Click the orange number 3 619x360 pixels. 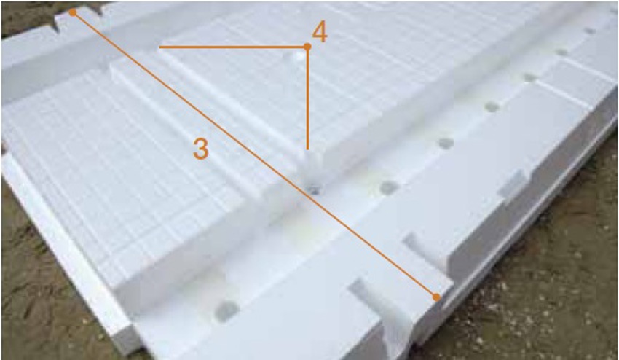pyautogui.click(x=200, y=149)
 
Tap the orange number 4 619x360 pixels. pyautogui.click(x=320, y=32)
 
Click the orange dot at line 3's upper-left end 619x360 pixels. pyautogui.click(x=73, y=12)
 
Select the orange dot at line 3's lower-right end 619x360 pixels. pyautogui.click(x=436, y=297)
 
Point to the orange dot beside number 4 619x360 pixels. pyautogui.click(x=307, y=47)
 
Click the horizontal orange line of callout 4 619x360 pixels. pyautogui.click(x=233, y=47)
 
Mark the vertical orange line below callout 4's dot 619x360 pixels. pyautogui.click(x=307, y=98)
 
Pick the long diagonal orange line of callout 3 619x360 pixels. pyautogui.click(x=254, y=154)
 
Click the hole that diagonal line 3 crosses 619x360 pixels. pyautogui.click(x=313, y=190)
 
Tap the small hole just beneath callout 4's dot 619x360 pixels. pyautogui.click(x=299, y=58)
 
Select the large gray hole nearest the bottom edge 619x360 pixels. pyautogui.click(x=227, y=310)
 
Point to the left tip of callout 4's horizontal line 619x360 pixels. pyautogui.click(x=160, y=47)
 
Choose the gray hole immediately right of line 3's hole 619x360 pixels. pyautogui.click(x=389, y=187)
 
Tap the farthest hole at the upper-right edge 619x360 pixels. pyautogui.click(x=590, y=31)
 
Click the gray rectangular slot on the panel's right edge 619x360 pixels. pyautogui.click(x=512, y=184)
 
